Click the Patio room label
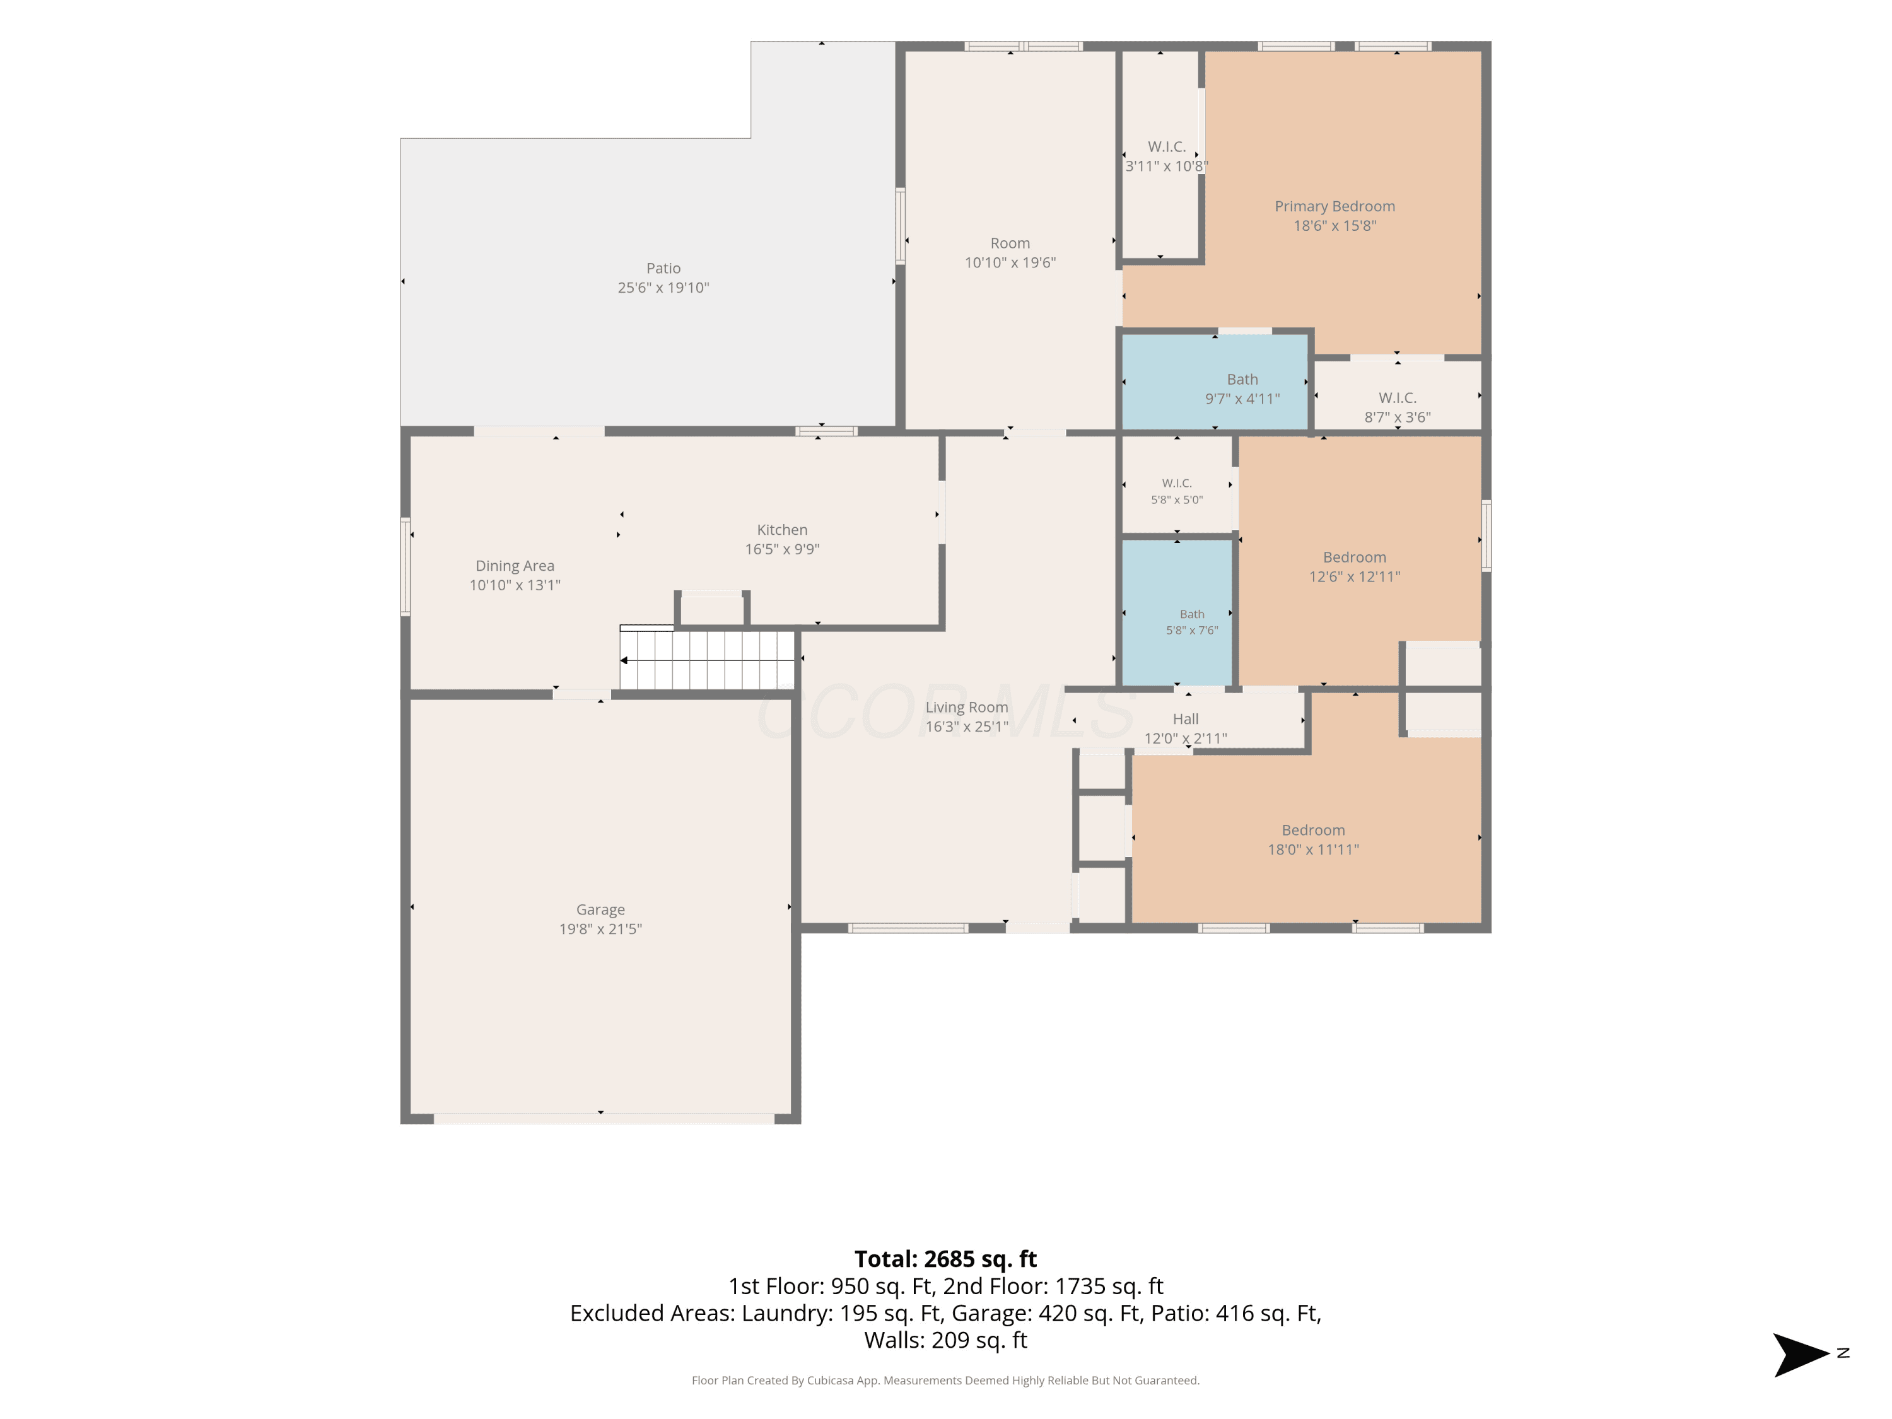tap(663, 269)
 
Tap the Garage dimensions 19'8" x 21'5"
tap(600, 929)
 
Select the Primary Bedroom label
tap(1334, 206)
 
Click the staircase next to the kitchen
tap(708, 658)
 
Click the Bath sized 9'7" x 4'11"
tap(1215, 382)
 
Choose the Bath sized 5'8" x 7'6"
tap(1177, 612)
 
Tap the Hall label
tap(1186, 720)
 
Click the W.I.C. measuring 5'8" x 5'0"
tap(1177, 485)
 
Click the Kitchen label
tap(782, 530)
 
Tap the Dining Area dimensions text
tap(515, 585)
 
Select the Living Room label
tap(967, 708)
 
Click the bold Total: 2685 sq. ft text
tap(945, 1259)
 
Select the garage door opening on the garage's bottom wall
tap(604, 1119)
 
